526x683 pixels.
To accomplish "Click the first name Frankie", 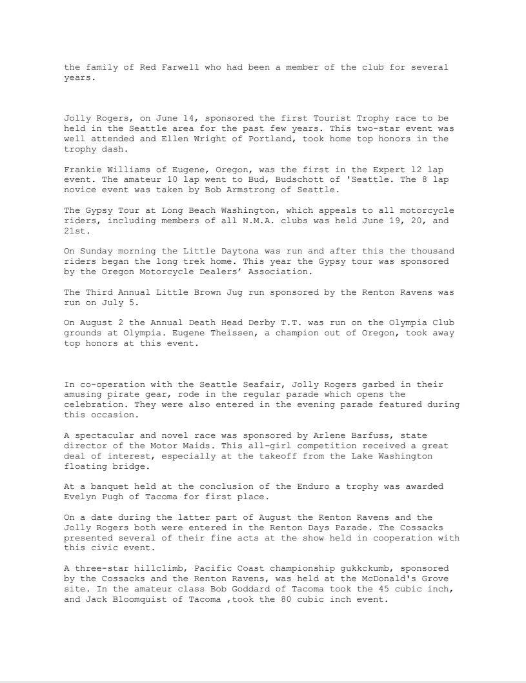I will (83, 169).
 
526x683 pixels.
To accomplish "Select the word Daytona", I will (232, 251).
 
